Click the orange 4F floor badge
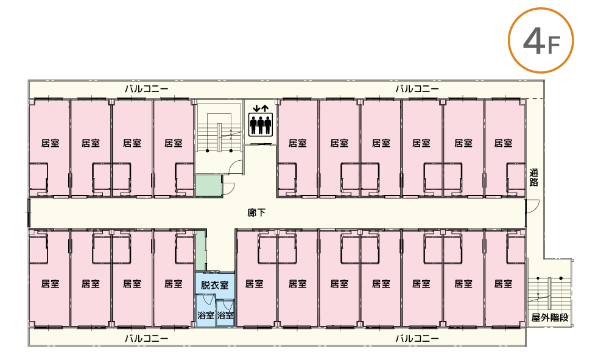[x=540, y=41]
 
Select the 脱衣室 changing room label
[x=214, y=284]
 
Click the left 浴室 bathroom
[x=205, y=316]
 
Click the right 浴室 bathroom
[x=225, y=316]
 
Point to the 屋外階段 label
[x=549, y=317]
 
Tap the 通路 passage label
[x=534, y=177]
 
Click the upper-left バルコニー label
[x=147, y=89]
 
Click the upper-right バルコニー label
[x=417, y=89]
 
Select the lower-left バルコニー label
[x=147, y=337]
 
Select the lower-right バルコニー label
[x=417, y=337]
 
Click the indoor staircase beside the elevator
[x=219, y=131]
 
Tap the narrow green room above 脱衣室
[x=200, y=250]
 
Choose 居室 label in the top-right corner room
[x=503, y=144]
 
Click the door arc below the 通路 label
[x=532, y=206]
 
